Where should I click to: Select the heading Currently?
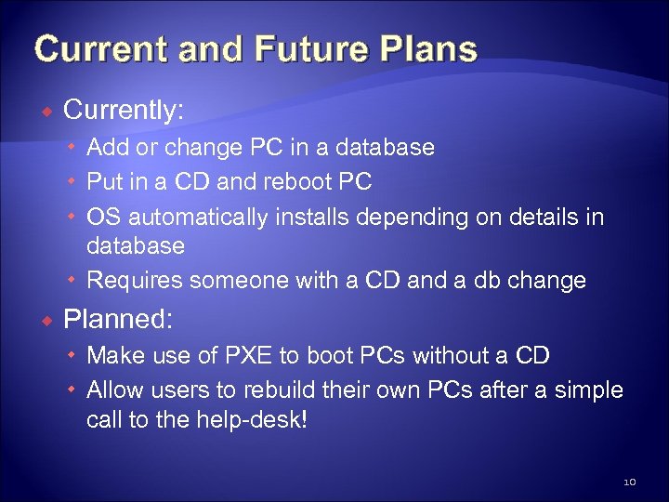[x=124, y=111]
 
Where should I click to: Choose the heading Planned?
[x=117, y=319]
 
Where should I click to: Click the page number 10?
[x=629, y=481]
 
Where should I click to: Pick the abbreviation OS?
[x=103, y=217]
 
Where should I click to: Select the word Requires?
[x=136, y=280]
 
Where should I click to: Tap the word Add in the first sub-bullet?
[x=108, y=147]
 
